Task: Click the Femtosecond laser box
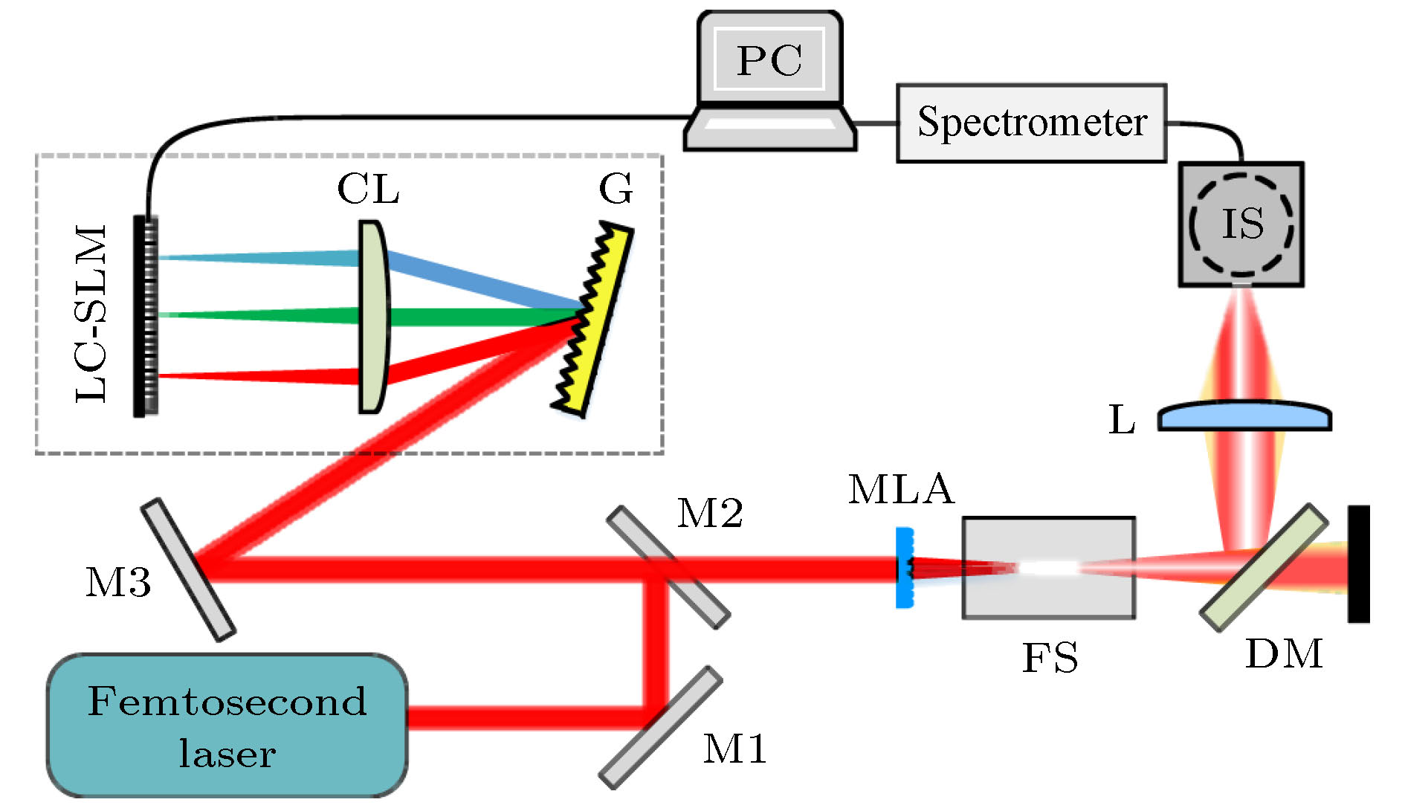227,725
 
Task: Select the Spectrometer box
1031,123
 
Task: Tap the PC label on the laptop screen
769,60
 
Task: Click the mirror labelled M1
661,726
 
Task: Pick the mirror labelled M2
668,567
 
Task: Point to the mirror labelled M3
188,569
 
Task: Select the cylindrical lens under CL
372,317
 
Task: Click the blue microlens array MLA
904,568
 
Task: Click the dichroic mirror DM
1263,568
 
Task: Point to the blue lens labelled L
1244,417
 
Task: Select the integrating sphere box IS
1241,224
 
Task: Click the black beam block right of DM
1359,563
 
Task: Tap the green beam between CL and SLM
260,315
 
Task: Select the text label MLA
901,490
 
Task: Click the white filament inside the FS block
1048,568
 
